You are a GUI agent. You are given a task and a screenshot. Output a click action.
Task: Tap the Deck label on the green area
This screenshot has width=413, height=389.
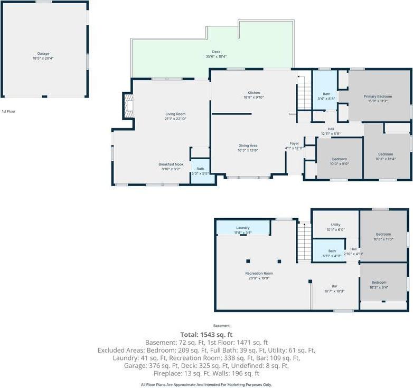(216, 54)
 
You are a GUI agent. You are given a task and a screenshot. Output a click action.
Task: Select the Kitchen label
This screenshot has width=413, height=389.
(254, 95)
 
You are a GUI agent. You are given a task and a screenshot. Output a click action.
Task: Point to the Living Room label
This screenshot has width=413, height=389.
(175, 116)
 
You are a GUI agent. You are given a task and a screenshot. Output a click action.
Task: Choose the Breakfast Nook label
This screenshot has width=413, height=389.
(171, 167)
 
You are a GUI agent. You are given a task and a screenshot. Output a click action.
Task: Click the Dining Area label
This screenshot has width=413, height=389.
(248, 148)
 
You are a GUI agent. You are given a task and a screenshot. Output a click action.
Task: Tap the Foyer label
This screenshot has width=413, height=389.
(294, 145)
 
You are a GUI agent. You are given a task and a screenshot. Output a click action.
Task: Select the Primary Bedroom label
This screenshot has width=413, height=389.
(378, 99)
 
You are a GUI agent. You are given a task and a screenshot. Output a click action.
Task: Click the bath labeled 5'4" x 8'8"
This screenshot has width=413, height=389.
(326, 96)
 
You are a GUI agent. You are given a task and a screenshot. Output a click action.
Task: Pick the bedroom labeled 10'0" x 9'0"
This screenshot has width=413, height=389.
(339, 161)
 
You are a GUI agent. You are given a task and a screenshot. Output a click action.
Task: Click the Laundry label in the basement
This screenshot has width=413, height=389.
(243, 230)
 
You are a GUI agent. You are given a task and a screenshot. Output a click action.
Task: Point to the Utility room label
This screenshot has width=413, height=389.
(335, 227)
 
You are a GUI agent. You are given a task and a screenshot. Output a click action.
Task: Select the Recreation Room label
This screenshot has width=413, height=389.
(259, 275)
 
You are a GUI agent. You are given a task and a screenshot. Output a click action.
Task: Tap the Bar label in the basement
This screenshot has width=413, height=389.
(334, 288)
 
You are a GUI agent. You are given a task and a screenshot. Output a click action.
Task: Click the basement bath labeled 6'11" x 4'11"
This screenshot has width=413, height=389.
(332, 253)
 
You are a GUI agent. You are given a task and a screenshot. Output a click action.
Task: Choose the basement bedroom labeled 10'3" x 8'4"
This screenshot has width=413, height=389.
(383, 285)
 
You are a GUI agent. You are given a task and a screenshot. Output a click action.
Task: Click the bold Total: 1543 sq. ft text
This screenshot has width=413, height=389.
(206, 335)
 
